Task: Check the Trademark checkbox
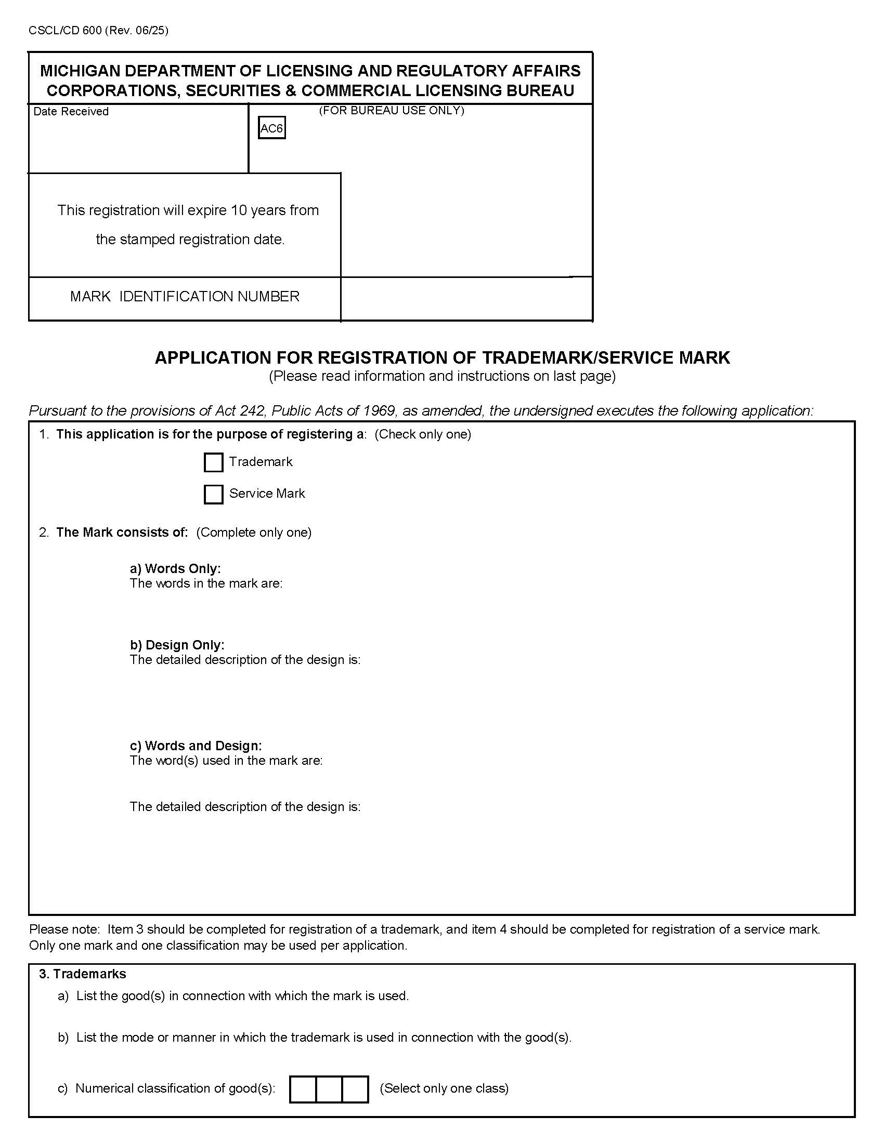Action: [213, 462]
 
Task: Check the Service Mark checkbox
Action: [213, 494]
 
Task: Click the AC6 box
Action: [272, 128]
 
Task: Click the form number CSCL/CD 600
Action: [66, 30]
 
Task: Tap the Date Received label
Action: [71, 112]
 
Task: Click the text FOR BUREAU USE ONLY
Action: [392, 111]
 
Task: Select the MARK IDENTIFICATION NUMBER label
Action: [185, 297]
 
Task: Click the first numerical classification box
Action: [303, 1089]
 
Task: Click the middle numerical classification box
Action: [329, 1089]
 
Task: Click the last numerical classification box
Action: [355, 1089]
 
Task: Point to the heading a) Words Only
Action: [175, 568]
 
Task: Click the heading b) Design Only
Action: [177, 645]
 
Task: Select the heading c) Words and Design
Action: [196, 746]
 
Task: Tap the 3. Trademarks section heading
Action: [83, 974]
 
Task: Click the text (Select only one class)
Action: [444, 1088]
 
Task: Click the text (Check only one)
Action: [423, 434]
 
